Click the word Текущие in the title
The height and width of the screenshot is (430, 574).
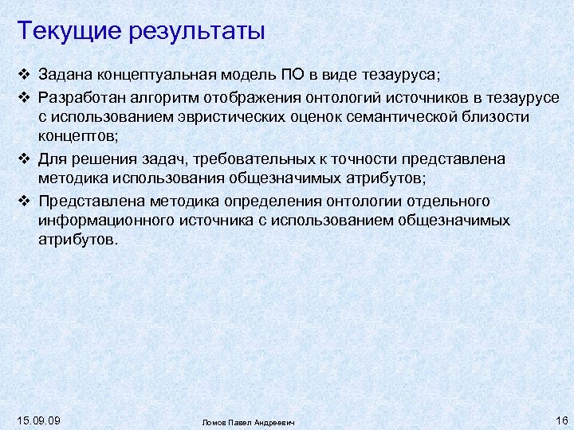pyautogui.click(x=66, y=31)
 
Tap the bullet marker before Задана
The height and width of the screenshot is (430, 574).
pyautogui.click(x=24, y=76)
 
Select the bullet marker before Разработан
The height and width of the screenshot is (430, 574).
pyautogui.click(x=24, y=97)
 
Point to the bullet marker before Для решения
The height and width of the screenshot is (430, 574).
pyautogui.click(x=24, y=158)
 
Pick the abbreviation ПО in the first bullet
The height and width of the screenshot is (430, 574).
pyautogui.click(x=291, y=76)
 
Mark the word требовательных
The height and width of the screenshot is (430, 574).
pyautogui.click(x=244, y=159)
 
